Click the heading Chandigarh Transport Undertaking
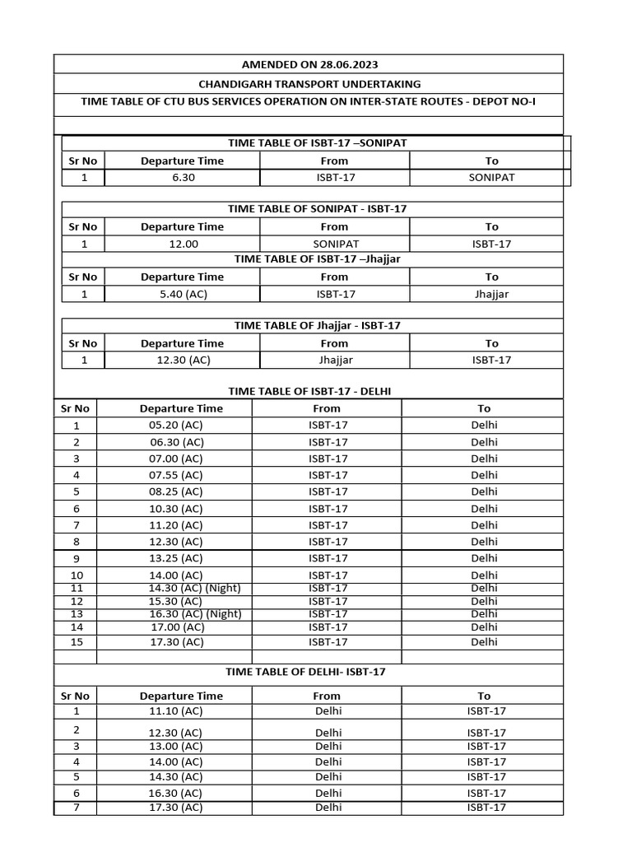309,84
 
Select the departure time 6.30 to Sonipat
182,178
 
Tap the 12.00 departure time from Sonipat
182,245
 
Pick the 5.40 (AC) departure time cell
182,294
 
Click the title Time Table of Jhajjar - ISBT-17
317,325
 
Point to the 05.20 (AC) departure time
175,426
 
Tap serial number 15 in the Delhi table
77,642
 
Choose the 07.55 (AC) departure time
175,475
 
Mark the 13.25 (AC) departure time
175,558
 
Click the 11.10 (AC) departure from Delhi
175,711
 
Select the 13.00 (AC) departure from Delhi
175,747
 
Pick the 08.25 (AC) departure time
175,491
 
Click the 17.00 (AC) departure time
177,627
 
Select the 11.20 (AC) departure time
175,525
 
